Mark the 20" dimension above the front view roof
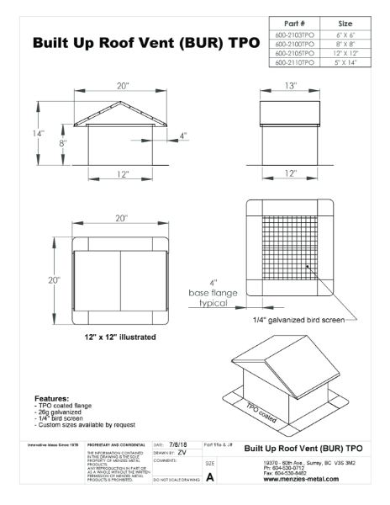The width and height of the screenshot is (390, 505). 122,86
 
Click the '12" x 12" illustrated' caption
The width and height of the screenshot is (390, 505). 108,337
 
